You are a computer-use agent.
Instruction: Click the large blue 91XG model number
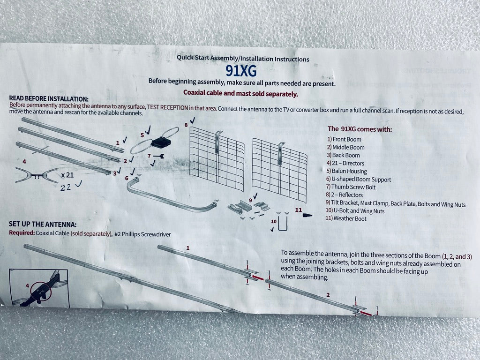[x=241, y=71]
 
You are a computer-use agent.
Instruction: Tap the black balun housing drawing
[x=161, y=142]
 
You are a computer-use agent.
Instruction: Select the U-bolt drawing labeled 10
[x=283, y=224]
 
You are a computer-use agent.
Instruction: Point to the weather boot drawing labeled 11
[x=307, y=215]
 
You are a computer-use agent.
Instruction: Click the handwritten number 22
[x=66, y=187]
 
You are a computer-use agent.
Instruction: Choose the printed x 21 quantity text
[x=67, y=175]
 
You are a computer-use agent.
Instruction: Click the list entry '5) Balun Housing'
[x=346, y=171]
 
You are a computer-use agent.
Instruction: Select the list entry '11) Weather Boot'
[x=345, y=218]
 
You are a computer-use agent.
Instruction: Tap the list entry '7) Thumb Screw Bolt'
[x=351, y=187]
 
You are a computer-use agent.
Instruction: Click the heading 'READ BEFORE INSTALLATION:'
[x=49, y=98]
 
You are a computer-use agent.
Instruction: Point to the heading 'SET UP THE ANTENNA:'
[x=43, y=224]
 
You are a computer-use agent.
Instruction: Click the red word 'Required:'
[x=22, y=232]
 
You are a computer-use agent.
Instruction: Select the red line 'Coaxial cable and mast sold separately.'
[x=240, y=93]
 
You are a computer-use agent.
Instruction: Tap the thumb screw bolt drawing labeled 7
[x=158, y=157]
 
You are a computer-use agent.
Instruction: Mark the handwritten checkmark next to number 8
[x=192, y=120]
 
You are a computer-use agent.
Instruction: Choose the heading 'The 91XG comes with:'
[x=360, y=129]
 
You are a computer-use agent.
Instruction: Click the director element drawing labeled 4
[x=37, y=176]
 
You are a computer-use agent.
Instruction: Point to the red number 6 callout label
[x=127, y=178]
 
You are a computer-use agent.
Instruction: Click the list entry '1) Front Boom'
[x=344, y=139]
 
